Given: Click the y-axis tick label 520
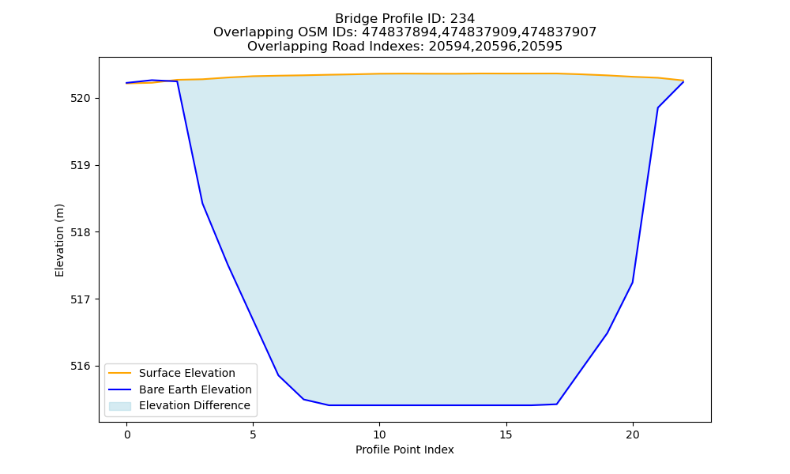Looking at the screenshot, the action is pos(81,98).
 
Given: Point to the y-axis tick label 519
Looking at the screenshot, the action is pos(81,165).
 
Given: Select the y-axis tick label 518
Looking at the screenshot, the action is pos(81,232).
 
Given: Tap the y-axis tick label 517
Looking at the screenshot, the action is pos(81,299).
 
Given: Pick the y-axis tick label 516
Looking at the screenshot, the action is pos(81,367).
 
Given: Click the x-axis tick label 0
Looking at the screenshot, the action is pos(127,434).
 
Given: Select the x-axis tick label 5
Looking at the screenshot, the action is pos(253,434).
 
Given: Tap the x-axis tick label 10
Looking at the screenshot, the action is pos(379,434).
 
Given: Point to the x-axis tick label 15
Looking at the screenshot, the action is pos(506,434).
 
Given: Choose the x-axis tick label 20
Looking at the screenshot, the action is pos(632,434).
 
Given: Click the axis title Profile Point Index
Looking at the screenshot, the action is pos(404,450).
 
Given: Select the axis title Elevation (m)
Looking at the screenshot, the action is pos(59,240).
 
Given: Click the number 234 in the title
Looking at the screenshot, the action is pos(462,19).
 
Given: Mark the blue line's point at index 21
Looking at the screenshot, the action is pos(657,107).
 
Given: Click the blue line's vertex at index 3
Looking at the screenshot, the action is pos(202,203).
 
